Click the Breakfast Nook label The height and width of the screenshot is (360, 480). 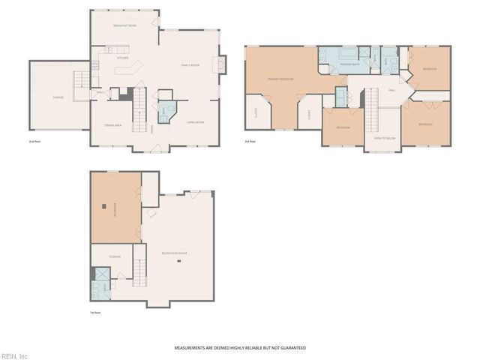(124, 26)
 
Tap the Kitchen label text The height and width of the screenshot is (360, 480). (123, 58)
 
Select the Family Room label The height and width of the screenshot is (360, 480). (190, 65)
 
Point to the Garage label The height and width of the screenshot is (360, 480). (58, 97)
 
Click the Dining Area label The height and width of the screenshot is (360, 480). (114, 125)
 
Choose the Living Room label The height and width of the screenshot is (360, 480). (196, 121)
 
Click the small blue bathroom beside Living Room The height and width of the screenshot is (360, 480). (166, 111)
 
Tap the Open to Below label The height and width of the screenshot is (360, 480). (384, 139)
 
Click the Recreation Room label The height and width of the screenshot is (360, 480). (174, 253)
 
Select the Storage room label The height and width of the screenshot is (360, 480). (114, 256)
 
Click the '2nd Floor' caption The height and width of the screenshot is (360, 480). (34, 141)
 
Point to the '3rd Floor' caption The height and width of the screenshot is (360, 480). (250, 141)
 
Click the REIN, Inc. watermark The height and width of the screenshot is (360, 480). (14, 355)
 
